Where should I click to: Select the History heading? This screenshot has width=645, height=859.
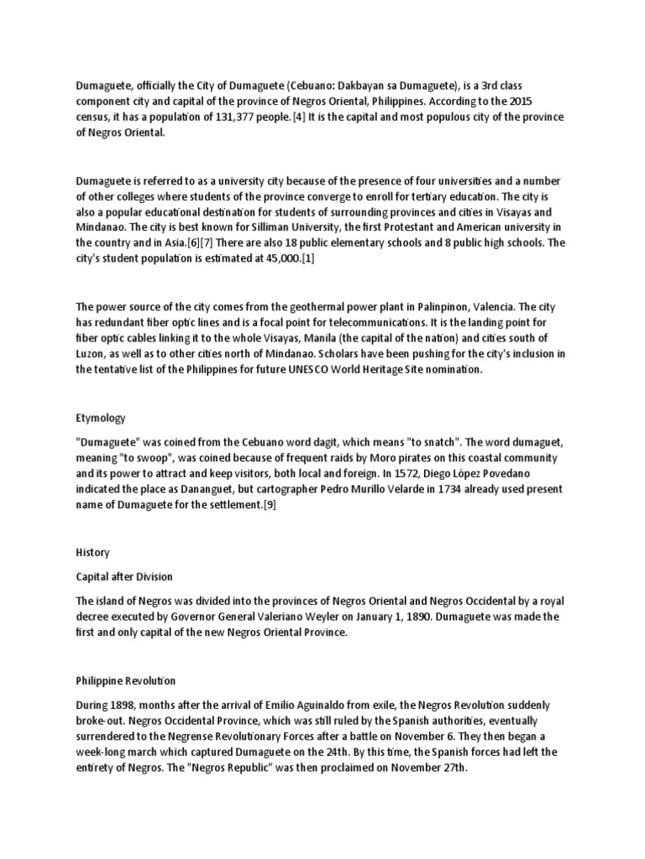click(92, 553)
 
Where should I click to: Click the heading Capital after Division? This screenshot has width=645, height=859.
click(128, 576)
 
